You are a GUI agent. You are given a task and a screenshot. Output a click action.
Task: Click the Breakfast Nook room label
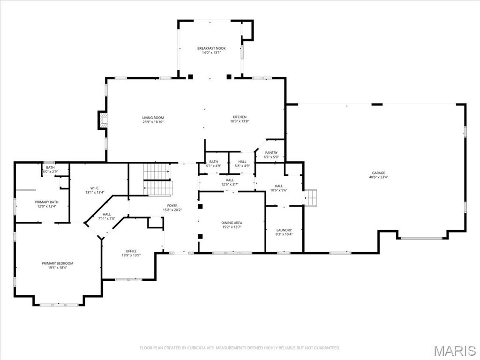211,48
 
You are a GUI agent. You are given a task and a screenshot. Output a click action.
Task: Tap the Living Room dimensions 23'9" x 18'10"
153,122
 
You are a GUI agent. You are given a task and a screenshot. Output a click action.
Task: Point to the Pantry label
271,153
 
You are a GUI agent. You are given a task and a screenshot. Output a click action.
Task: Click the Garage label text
378,173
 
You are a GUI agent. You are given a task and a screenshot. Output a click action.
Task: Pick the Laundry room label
284,230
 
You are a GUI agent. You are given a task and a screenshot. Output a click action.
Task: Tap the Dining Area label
232,223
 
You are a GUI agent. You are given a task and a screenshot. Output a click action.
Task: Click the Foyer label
172,205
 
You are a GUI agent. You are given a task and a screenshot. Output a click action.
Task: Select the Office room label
131,251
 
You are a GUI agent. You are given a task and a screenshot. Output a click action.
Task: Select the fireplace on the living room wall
103,120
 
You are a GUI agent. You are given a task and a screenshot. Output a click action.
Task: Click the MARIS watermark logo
454,350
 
